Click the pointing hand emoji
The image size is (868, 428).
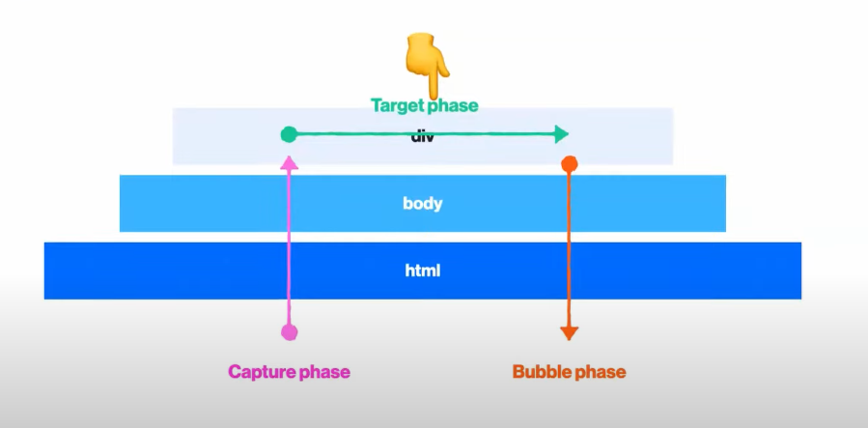(425, 63)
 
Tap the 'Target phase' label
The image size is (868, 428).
(424, 105)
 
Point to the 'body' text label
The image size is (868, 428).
(423, 204)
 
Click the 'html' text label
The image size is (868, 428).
(423, 271)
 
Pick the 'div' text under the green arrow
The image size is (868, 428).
(423, 137)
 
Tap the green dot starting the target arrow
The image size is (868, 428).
(289, 134)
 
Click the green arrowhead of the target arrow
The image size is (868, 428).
(561, 134)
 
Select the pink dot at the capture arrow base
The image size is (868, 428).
(289, 332)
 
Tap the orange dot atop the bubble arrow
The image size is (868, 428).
(570, 163)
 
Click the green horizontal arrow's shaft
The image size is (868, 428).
(367, 134)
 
